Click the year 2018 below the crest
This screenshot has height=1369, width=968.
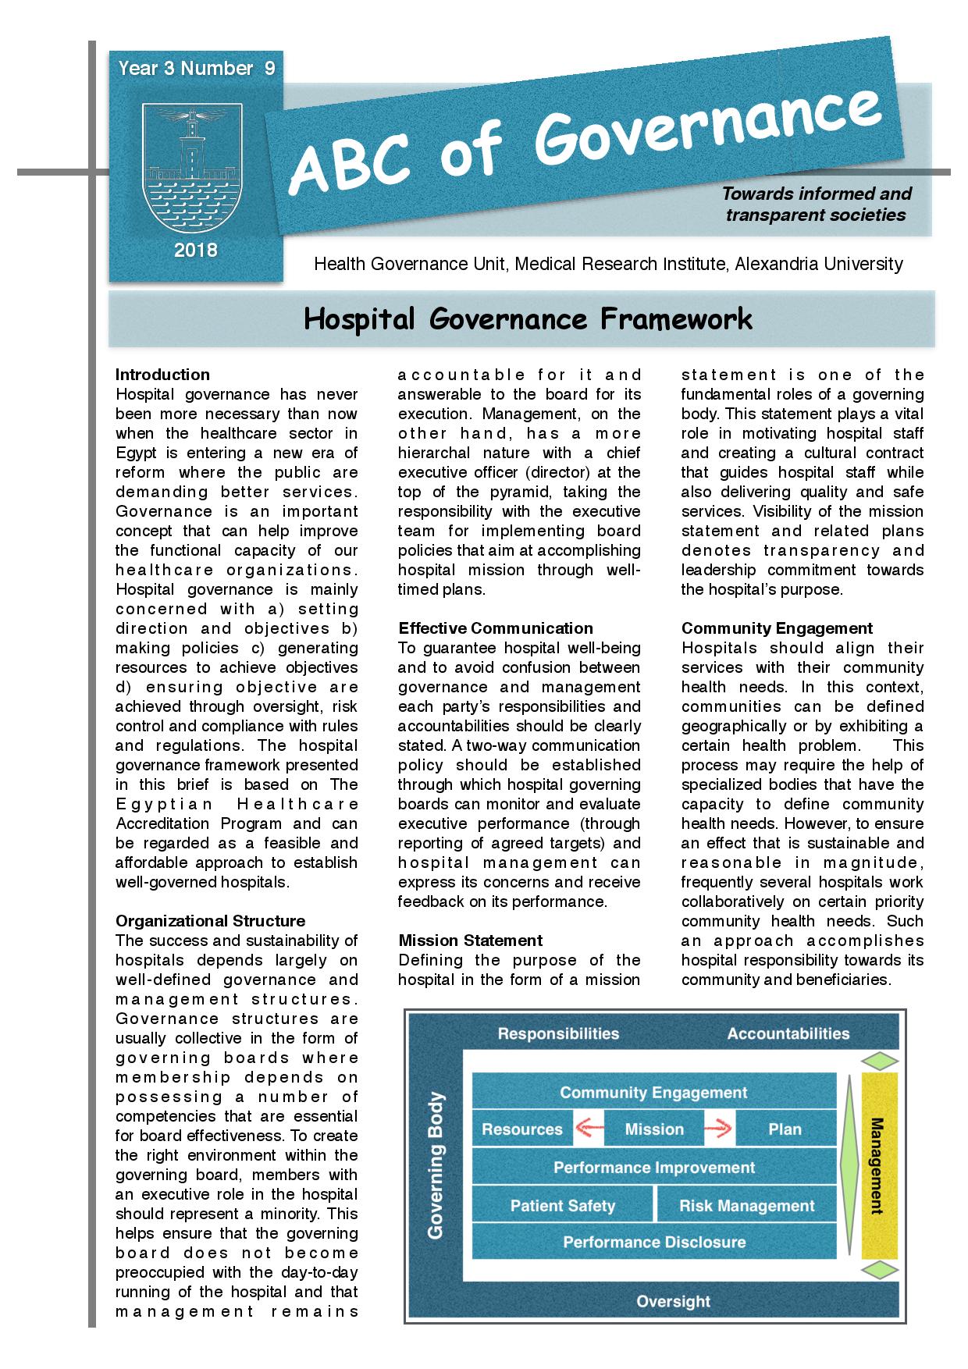coord(196,251)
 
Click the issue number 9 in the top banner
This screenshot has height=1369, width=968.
coord(269,69)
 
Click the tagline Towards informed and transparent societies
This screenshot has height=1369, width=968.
coord(816,204)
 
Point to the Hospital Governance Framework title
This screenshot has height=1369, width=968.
coord(528,318)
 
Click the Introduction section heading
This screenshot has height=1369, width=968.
coord(162,375)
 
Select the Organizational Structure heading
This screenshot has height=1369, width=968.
coord(210,921)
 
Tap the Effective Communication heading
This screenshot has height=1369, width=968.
coord(495,628)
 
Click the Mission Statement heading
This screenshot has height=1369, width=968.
coord(470,941)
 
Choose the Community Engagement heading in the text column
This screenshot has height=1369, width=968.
coord(776,628)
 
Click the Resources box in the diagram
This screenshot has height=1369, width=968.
coord(521,1129)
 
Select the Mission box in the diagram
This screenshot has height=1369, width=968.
coord(654,1129)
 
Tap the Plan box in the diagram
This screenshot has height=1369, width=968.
coord(785,1129)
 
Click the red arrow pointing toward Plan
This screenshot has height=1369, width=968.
coord(717,1129)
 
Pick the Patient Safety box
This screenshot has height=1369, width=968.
coord(562,1206)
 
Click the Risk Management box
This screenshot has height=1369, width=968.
coord(746,1206)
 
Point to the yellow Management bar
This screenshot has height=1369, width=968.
coord(879,1165)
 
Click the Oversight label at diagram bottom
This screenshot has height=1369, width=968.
coord(673,1301)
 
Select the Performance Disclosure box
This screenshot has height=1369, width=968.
coord(654,1242)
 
